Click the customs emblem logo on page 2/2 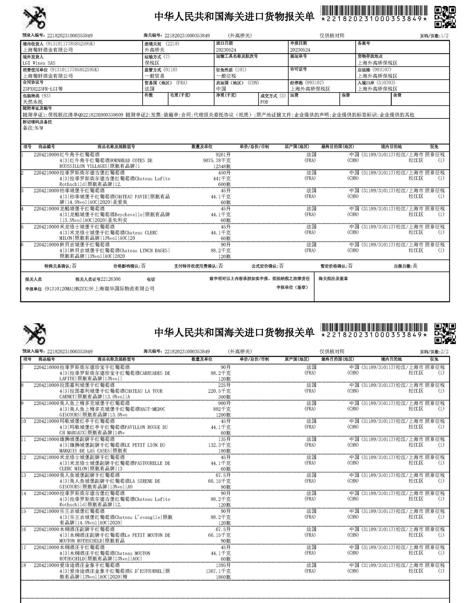(x=35, y=334)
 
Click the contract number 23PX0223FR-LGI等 (x=43, y=89)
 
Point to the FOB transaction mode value (x=264, y=102)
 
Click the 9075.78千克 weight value (x=217, y=160)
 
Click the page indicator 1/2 (x=444, y=36)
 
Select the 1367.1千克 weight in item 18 (x=218, y=571)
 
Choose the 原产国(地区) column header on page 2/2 (x=297, y=359)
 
